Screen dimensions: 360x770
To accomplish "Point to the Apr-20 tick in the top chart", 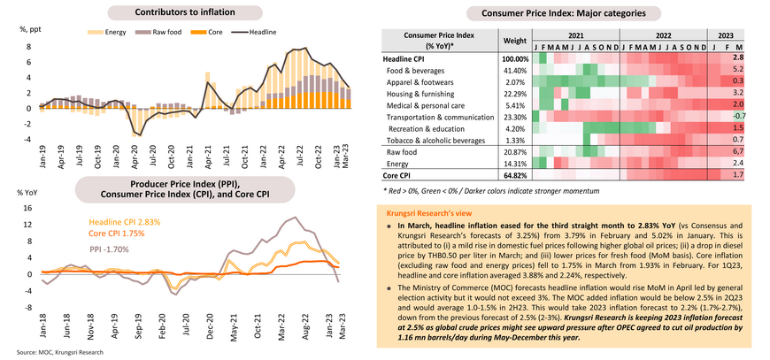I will [135, 163].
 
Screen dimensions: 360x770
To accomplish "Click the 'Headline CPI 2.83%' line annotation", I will [125, 222].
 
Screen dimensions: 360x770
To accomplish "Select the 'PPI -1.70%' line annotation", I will [110, 249].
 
